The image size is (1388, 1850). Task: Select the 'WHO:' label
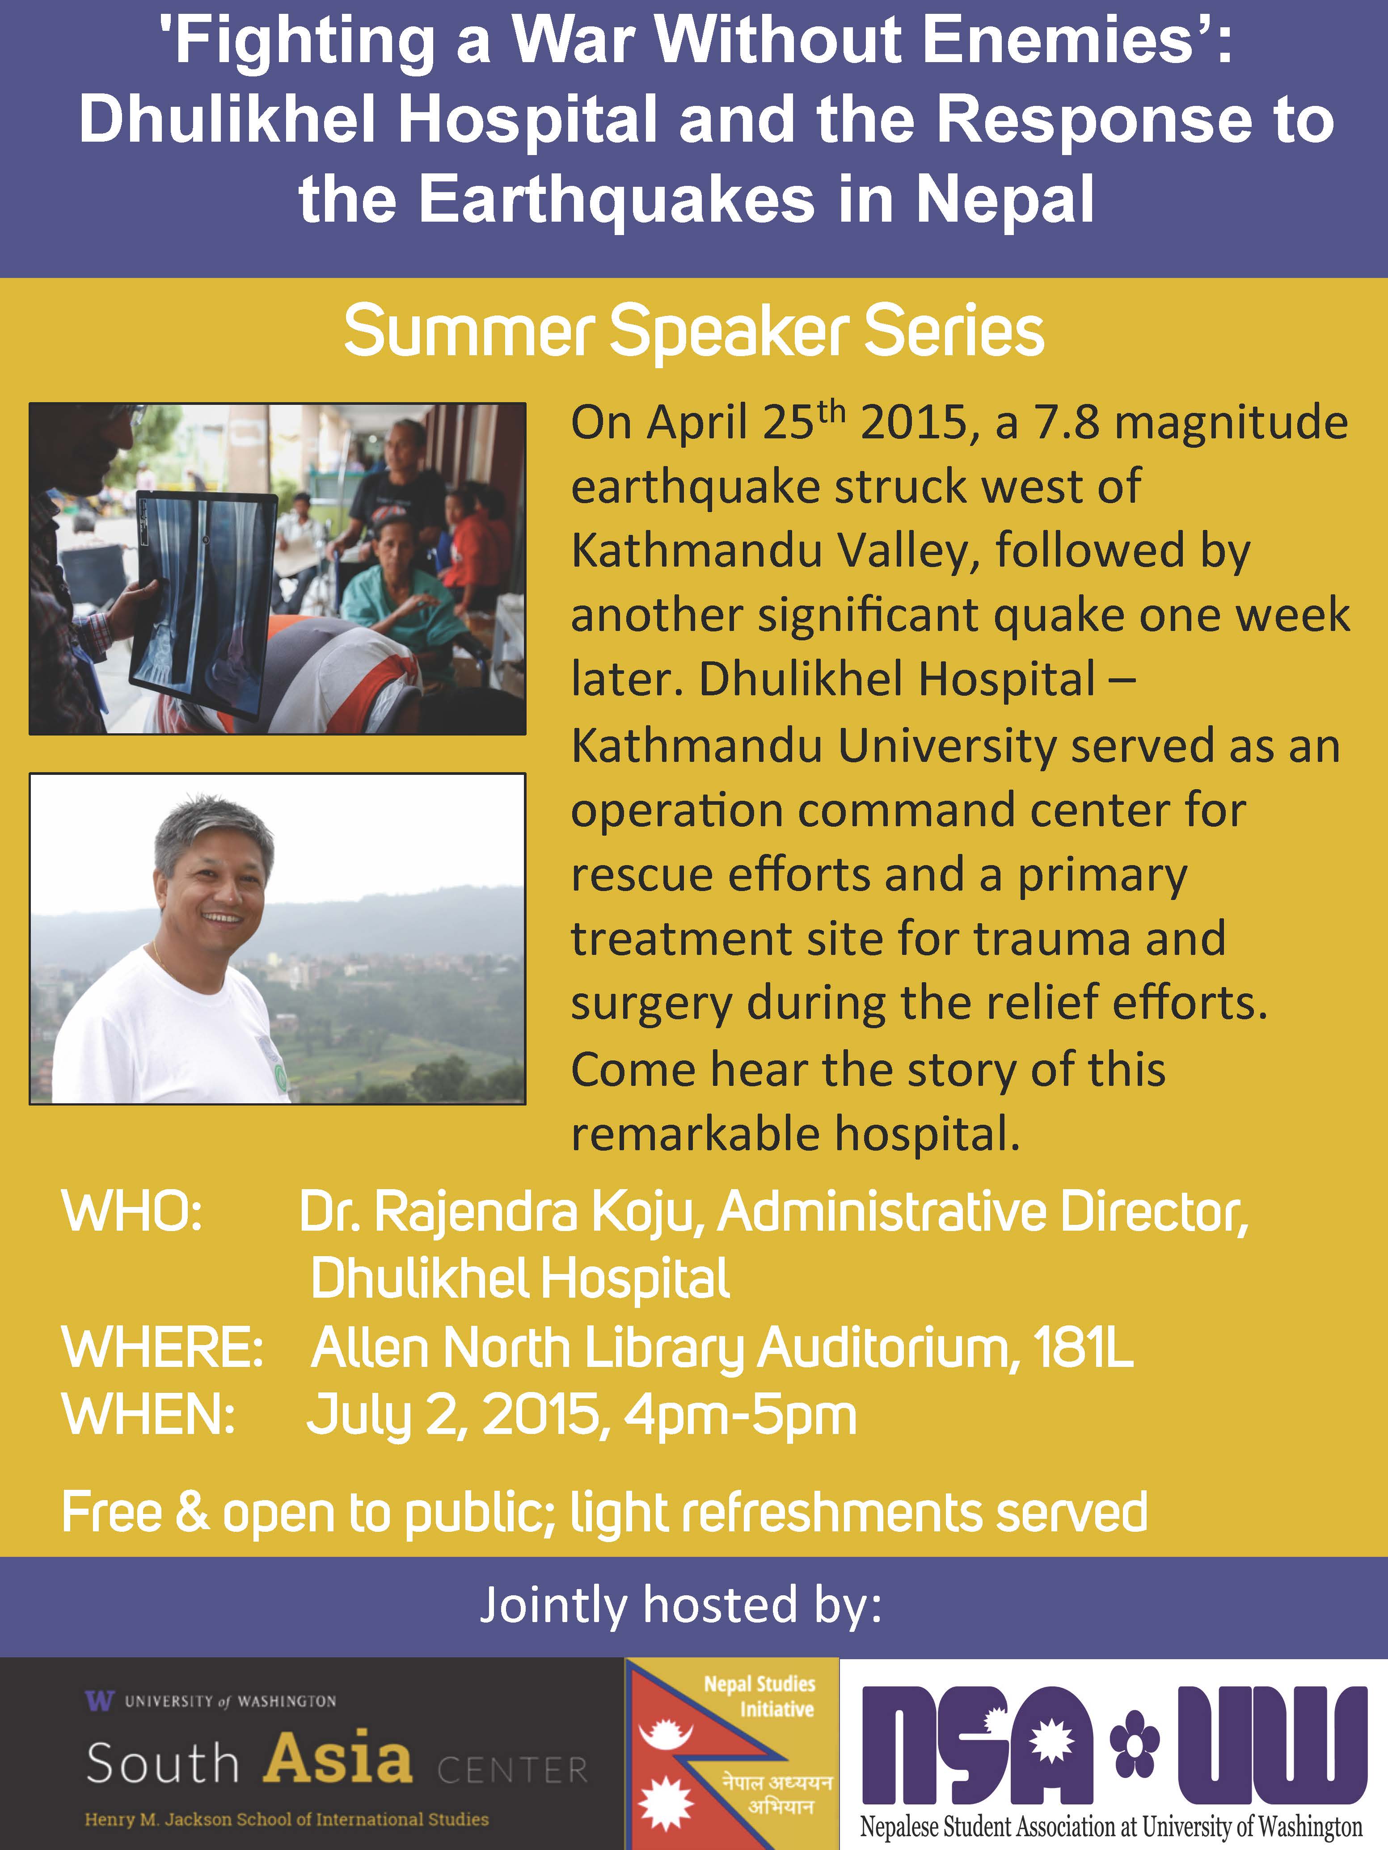tap(132, 1210)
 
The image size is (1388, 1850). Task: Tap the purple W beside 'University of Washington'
tap(99, 1700)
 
